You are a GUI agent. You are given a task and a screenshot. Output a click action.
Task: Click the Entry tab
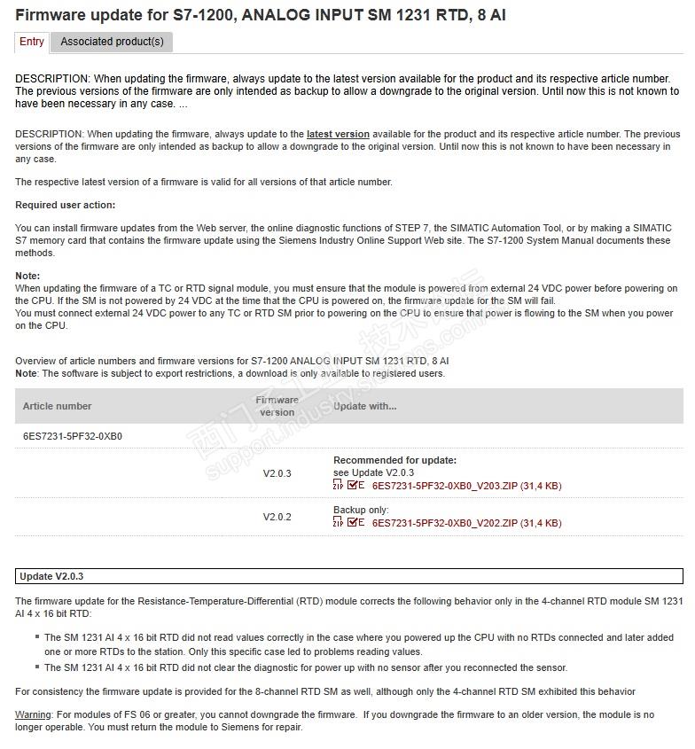[32, 42]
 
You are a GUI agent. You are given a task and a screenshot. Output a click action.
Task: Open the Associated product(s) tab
[112, 42]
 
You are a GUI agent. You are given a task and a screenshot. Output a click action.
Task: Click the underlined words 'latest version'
[338, 134]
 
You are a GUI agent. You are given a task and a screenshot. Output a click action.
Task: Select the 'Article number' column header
[58, 406]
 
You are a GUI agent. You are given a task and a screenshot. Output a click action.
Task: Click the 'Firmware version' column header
[277, 406]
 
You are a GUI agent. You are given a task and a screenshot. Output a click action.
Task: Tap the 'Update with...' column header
[365, 406]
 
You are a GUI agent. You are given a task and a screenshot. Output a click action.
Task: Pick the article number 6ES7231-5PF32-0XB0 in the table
[73, 437]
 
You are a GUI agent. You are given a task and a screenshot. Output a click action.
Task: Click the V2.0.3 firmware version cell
[277, 473]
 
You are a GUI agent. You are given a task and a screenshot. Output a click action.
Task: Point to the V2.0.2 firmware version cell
[277, 517]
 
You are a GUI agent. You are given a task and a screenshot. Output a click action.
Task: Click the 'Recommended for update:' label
[394, 460]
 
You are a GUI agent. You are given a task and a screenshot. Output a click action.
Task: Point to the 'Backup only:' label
[361, 510]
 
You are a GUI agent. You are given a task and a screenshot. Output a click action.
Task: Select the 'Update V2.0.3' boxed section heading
[51, 576]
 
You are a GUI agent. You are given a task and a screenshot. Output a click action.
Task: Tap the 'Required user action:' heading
[65, 205]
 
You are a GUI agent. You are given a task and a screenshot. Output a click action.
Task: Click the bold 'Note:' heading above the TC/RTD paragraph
[27, 276]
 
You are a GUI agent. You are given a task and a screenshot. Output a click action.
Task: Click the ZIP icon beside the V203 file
[338, 486]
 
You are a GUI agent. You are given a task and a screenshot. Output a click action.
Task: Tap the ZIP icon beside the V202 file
[338, 523]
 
